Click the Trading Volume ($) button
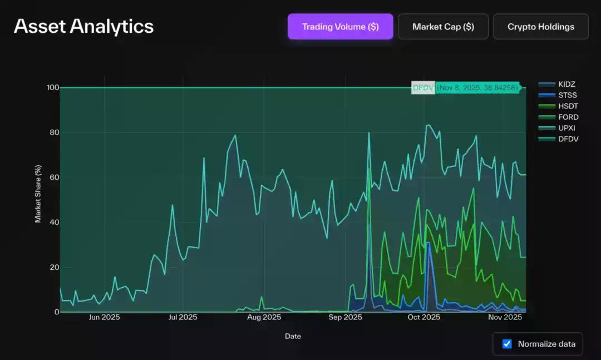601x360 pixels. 340,27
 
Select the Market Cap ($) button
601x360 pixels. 443,27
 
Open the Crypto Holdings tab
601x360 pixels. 540,27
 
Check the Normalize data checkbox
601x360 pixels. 507,344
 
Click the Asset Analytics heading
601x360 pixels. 83,26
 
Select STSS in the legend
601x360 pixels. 568,95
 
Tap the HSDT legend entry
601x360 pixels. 568,106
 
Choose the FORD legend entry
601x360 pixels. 568,117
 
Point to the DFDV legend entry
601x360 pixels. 568,139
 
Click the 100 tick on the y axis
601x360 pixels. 53,87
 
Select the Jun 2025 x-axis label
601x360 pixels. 104,318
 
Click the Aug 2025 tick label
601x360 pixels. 264,318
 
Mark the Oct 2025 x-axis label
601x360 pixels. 423,318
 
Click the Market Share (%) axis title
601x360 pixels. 38,194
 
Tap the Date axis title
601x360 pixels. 293,336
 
